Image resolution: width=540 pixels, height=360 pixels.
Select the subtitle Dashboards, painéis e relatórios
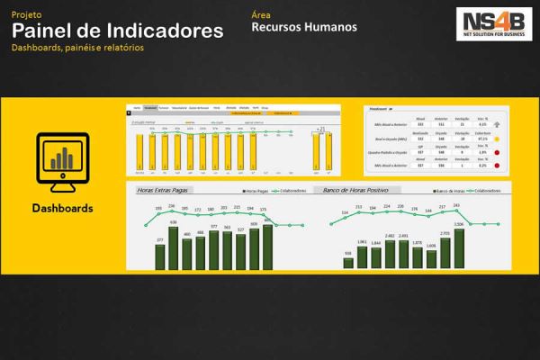(x=77, y=47)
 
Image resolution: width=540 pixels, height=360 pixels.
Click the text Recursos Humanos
(x=304, y=27)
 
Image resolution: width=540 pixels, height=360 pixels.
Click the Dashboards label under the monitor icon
(x=62, y=208)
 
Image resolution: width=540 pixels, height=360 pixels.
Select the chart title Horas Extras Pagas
(x=166, y=191)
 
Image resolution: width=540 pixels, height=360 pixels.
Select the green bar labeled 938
(x=348, y=262)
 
